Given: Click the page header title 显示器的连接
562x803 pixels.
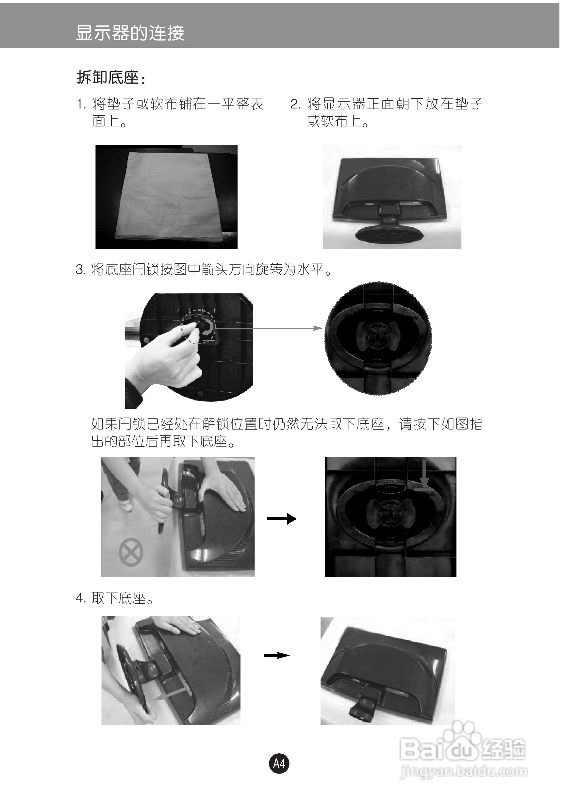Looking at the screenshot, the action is pyautogui.click(x=130, y=33).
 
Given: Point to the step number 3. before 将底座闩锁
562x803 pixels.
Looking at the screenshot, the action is pyautogui.click(x=81, y=270).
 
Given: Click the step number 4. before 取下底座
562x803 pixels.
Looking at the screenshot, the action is pyautogui.click(x=81, y=598).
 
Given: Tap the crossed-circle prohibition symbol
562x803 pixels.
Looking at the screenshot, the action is pyautogui.click(x=131, y=552).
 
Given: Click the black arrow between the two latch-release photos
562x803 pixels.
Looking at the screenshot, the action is pyautogui.click(x=282, y=519).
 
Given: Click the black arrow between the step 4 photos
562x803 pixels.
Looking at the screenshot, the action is pyautogui.click(x=277, y=655).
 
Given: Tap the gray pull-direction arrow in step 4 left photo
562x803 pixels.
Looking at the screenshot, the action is pyautogui.click(x=170, y=694).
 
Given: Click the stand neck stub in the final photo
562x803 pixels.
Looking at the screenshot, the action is pyautogui.click(x=363, y=703).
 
